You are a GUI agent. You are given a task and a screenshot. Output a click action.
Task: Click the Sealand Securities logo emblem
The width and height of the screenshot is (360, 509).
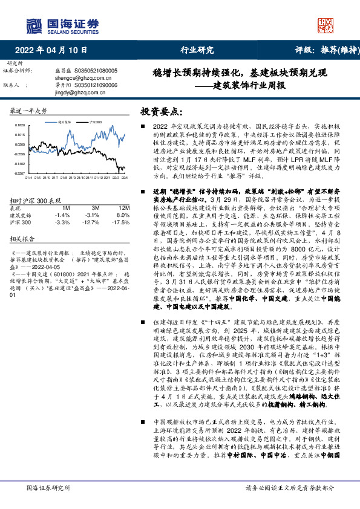(x=34, y=25)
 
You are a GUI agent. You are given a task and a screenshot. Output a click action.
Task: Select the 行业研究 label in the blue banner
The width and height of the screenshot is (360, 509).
(x=197, y=50)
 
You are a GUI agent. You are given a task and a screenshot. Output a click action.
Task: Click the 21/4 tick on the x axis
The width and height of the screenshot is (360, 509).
(x=28, y=178)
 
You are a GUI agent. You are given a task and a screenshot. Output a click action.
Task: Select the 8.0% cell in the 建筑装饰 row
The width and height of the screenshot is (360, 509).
(x=122, y=215)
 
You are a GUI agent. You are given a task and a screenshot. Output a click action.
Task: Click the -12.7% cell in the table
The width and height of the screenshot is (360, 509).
(x=92, y=222)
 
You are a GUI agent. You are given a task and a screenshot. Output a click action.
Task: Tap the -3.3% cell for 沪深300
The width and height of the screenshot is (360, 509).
(x=62, y=222)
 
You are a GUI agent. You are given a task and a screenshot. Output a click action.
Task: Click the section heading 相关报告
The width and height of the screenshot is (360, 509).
(x=23, y=239)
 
